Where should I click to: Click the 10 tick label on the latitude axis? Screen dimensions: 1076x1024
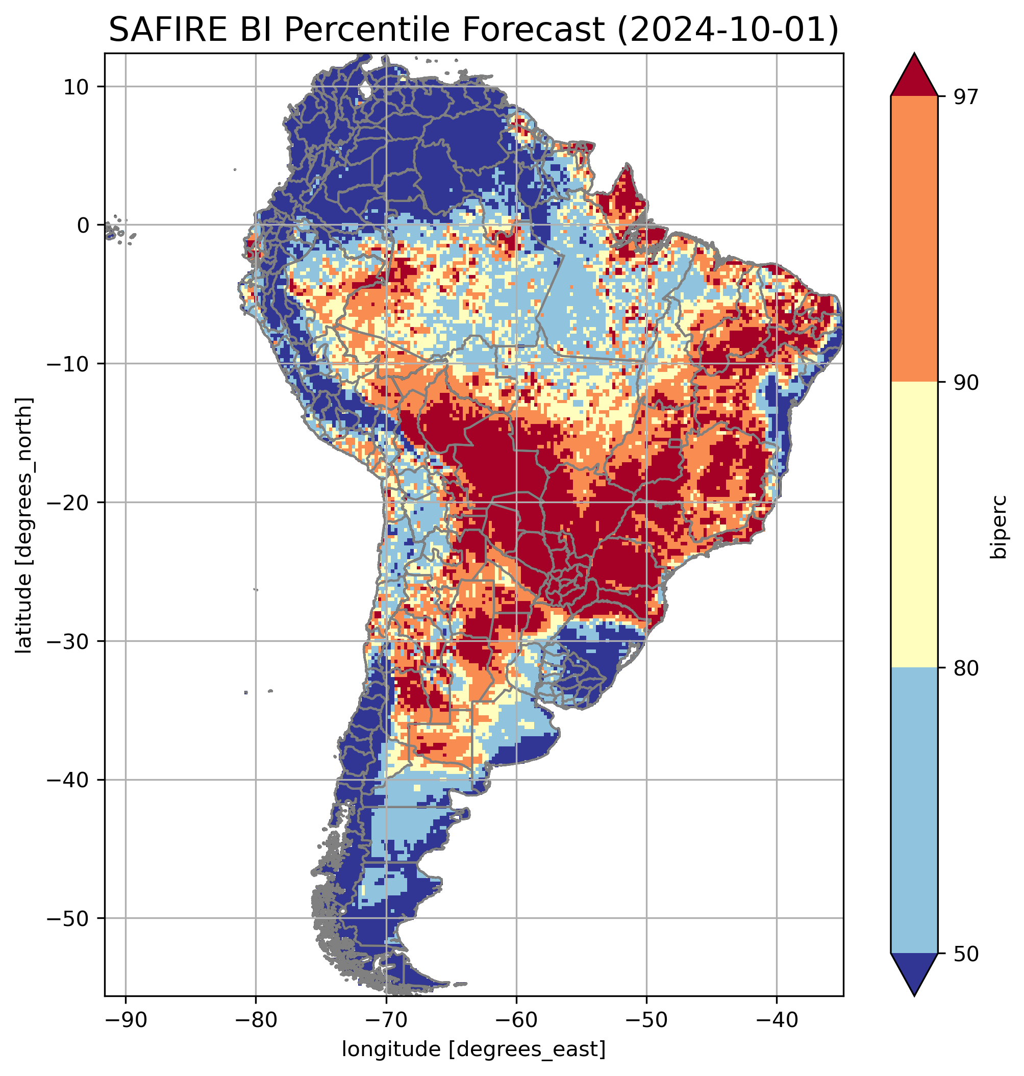click(77, 87)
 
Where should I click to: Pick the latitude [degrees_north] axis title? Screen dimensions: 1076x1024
click(24, 525)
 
